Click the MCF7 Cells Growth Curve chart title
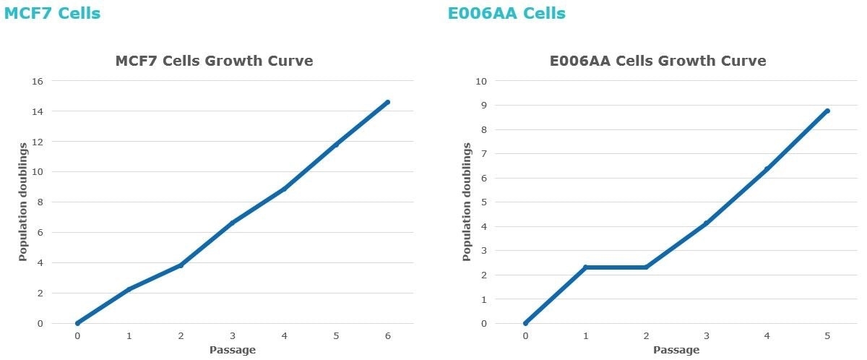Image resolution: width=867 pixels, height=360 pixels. tap(214, 61)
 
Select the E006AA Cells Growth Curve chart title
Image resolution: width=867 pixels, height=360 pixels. tap(657, 61)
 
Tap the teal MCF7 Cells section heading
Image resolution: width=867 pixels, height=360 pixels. tap(52, 13)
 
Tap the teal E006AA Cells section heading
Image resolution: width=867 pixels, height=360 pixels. tap(506, 13)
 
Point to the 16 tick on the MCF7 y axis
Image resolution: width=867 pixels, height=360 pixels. tap(38, 81)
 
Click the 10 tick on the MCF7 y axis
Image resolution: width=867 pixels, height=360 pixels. tap(38, 172)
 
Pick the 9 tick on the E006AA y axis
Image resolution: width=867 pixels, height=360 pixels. tap(481, 106)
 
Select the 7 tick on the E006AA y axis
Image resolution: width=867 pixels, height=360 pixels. tap(481, 154)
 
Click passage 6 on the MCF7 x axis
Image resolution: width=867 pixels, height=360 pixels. tap(388, 336)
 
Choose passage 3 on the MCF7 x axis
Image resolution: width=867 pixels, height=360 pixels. tap(233, 336)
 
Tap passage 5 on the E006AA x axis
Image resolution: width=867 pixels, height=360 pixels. tap(827, 336)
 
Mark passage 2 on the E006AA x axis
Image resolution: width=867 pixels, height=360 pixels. tap(646, 336)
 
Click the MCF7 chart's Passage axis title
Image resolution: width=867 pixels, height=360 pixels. tap(233, 351)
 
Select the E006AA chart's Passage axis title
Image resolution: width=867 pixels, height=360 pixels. tap(676, 351)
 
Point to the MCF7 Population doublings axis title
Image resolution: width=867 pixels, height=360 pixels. tap(22, 202)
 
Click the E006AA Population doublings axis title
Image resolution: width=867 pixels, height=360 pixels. tap(466, 202)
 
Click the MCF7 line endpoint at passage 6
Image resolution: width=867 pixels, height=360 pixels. tap(388, 102)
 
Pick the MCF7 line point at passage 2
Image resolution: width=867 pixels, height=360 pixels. tap(181, 265)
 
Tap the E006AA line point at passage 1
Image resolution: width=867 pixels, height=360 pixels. tap(586, 267)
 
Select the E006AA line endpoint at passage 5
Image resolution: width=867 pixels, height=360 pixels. tap(827, 111)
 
